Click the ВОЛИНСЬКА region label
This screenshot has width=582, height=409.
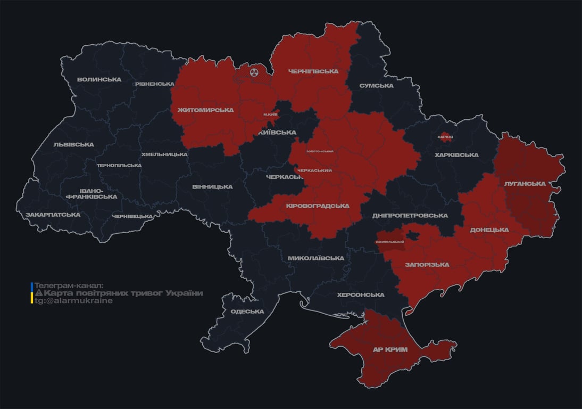pyautogui.click(x=99, y=79)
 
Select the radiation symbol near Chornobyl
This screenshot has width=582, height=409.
pyautogui.click(x=254, y=71)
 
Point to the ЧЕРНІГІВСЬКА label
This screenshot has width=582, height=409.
pyautogui.click(x=313, y=71)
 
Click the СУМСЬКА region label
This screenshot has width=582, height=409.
pyautogui.click(x=376, y=86)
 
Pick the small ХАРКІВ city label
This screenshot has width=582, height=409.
pyautogui.click(x=445, y=137)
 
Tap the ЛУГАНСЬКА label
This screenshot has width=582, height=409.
pyautogui.click(x=525, y=184)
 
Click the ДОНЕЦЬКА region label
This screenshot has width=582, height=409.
pyautogui.click(x=489, y=230)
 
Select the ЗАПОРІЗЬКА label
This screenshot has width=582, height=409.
pyautogui.click(x=427, y=265)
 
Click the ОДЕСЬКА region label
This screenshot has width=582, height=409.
pyautogui.click(x=247, y=312)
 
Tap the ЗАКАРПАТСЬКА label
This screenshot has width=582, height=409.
pyautogui.click(x=53, y=215)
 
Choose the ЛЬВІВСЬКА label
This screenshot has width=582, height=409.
pyautogui.click(x=73, y=144)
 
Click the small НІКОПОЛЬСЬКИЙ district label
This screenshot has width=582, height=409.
pyautogui.click(x=390, y=242)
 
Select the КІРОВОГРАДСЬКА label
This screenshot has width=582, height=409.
pyautogui.click(x=318, y=206)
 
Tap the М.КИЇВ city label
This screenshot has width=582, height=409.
pyautogui.click(x=271, y=114)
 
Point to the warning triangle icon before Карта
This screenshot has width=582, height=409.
pyautogui.click(x=38, y=293)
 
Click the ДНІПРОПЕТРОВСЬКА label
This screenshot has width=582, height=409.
pyautogui.click(x=410, y=216)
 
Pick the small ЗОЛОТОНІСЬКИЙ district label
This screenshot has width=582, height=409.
pyautogui.click(x=320, y=151)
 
